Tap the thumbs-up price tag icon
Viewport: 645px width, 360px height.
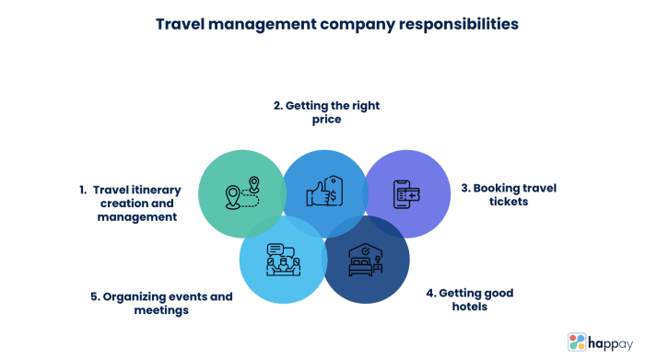tap(323, 192)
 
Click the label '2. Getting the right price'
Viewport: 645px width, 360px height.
tap(326, 112)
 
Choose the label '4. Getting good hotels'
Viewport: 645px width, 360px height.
tap(469, 299)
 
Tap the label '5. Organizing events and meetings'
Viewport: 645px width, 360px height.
tap(161, 303)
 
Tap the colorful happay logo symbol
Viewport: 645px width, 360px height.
tap(578, 342)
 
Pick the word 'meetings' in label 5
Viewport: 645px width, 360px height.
tap(162, 310)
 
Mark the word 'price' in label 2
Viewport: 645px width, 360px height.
tap(326, 120)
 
